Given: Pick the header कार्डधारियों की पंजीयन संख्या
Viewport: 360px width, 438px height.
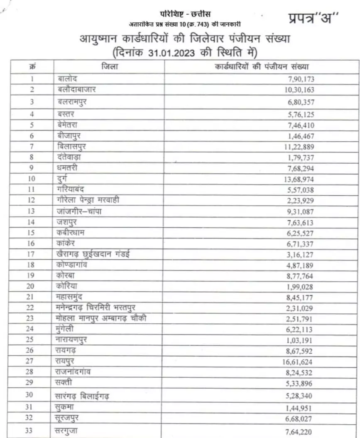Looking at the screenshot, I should (x=262, y=66).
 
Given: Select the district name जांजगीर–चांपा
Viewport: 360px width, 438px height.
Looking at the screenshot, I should (x=78, y=211).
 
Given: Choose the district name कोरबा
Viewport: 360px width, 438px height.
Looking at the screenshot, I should (x=65, y=276).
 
